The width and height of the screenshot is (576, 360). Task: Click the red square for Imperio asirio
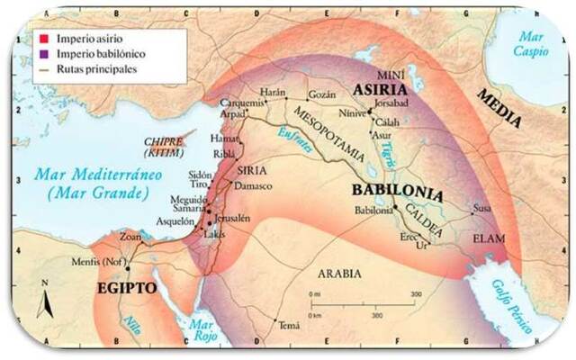pos(41,39)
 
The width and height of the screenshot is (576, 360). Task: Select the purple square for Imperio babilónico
pos(41,53)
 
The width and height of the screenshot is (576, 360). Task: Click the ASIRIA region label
pos(379,91)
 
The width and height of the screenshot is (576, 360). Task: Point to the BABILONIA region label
pos(397,192)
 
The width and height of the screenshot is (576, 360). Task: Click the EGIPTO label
pos(125,288)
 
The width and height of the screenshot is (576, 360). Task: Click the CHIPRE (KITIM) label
pos(164,147)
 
